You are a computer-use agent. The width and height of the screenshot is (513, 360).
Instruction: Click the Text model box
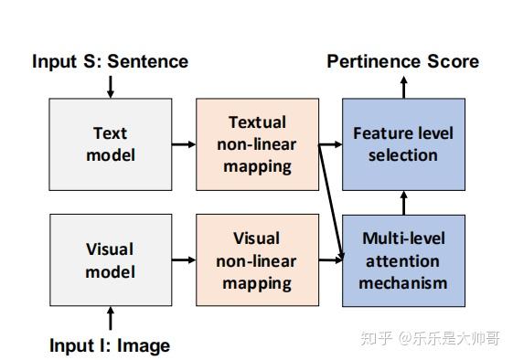[x=110, y=143]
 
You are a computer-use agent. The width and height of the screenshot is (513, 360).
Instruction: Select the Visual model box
[x=110, y=260]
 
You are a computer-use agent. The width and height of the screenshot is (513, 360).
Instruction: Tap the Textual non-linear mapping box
[x=257, y=143]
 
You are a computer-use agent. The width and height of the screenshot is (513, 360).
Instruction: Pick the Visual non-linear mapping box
[x=257, y=260]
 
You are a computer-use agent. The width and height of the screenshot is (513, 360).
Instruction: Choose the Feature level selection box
[x=403, y=143]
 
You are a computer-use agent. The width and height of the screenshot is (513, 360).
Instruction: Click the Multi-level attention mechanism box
[x=403, y=260]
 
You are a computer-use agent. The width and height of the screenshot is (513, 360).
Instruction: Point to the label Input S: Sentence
[x=110, y=62]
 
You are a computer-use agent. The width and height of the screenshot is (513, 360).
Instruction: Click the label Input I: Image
[x=110, y=345]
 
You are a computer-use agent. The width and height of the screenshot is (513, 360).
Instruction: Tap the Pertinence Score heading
[x=402, y=62]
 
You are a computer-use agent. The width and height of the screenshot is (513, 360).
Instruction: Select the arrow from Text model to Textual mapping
[x=184, y=143]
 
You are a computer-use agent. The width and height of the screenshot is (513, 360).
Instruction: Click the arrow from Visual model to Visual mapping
[x=184, y=260]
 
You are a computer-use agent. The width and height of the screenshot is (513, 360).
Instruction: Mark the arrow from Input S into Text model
[x=111, y=87]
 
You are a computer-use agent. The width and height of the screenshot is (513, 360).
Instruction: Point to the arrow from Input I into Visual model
[x=111, y=319]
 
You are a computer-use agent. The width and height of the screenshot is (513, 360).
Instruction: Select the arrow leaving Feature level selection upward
[x=403, y=87]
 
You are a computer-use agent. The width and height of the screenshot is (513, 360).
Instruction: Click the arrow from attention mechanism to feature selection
[x=403, y=202]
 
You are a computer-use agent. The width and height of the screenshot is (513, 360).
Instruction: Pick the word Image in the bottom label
[x=144, y=345]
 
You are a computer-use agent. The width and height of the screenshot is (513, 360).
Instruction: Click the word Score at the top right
[x=454, y=62]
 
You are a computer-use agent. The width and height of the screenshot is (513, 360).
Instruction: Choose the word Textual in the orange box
[x=257, y=122]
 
